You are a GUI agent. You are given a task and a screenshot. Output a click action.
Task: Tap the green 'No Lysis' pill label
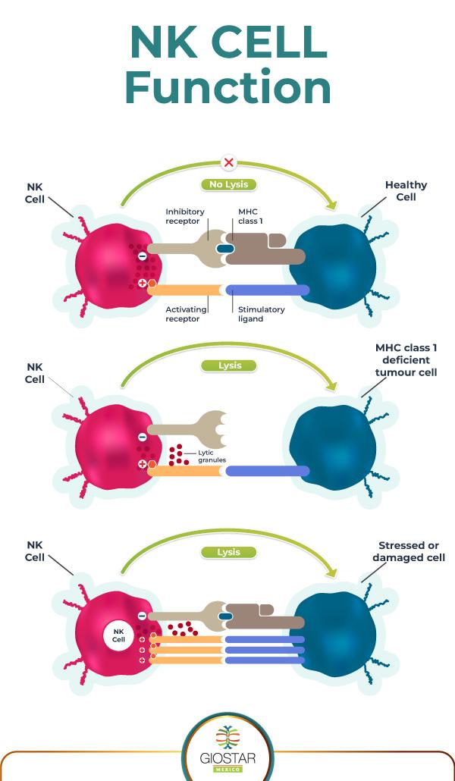[228, 184]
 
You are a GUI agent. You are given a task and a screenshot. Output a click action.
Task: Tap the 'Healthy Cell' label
[406, 190]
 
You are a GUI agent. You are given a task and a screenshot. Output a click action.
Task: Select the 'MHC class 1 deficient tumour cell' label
[406, 360]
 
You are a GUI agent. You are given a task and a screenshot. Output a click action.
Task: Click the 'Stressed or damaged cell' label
[412, 551]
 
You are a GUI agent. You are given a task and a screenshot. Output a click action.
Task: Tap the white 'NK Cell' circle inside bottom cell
[118, 635]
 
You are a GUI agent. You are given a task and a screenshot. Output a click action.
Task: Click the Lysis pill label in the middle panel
[229, 365]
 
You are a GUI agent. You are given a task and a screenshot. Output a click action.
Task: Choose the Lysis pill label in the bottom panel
[229, 552]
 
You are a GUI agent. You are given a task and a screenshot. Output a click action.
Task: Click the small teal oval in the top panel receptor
[225, 249]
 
